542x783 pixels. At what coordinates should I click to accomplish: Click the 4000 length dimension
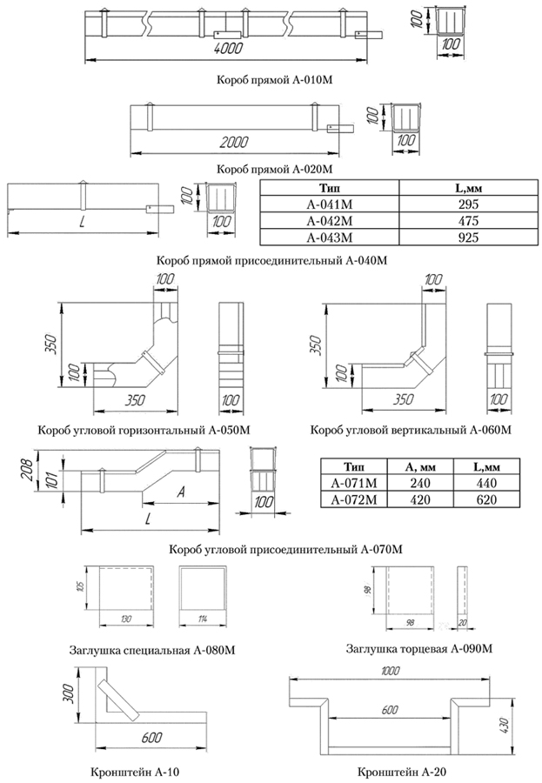coord(228,48)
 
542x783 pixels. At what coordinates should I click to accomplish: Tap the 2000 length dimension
coord(234,143)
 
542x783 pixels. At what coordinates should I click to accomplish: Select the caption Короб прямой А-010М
coord(274,80)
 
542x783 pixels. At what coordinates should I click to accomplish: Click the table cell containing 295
coord(468,204)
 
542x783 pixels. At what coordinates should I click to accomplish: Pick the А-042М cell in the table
coord(330,221)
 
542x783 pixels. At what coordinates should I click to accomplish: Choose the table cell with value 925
coord(468,238)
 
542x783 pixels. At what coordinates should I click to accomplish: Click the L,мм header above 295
coord(468,188)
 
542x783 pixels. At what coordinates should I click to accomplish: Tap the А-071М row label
coord(354,484)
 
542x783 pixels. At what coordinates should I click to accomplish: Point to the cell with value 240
coord(420,484)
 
